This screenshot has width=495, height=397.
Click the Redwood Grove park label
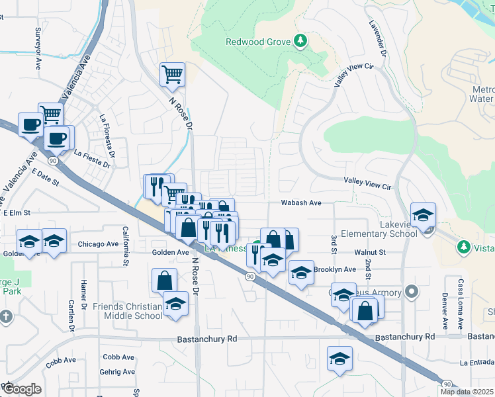(258, 42)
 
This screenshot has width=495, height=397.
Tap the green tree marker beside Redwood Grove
(300, 42)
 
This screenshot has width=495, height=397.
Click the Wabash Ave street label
(300, 203)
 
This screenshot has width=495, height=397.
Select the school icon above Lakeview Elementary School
(423, 215)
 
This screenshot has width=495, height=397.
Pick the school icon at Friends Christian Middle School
(175, 304)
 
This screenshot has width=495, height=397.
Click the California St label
(125, 245)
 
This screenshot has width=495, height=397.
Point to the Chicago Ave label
(98, 244)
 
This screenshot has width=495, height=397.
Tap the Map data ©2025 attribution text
(466, 392)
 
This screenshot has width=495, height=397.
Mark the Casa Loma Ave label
(459, 305)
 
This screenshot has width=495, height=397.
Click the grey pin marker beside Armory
(412, 291)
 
